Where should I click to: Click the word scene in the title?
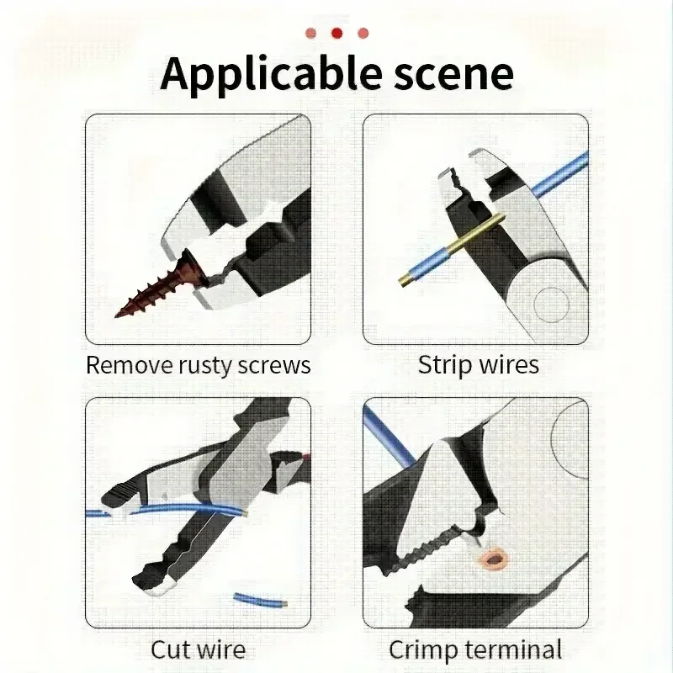pyautogui.click(x=453, y=75)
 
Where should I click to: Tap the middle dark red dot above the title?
pyautogui.click(x=337, y=33)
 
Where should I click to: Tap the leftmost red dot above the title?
pyautogui.click(x=310, y=33)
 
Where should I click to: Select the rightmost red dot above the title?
pyautogui.click(x=363, y=33)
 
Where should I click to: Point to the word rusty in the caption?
pyautogui.click(x=205, y=366)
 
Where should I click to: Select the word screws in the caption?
pyautogui.click(x=274, y=366)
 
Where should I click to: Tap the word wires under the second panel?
pyautogui.click(x=509, y=365)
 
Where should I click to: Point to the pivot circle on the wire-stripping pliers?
pyautogui.click(x=552, y=305)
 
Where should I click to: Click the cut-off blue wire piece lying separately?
pyautogui.click(x=261, y=600)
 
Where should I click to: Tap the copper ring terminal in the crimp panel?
pyautogui.click(x=495, y=559)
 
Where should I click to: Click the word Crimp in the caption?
pyautogui.click(x=422, y=650)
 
